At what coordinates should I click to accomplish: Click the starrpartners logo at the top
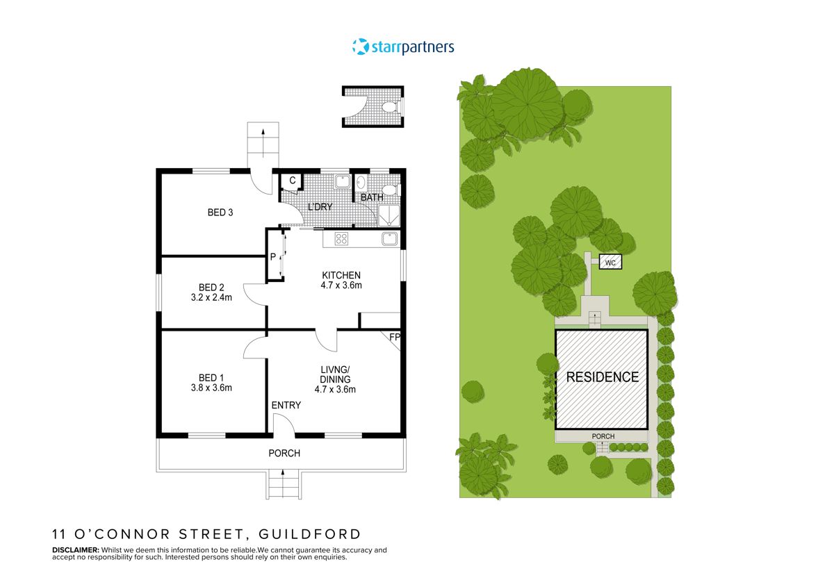(x=403, y=47)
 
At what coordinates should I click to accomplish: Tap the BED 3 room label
(x=220, y=213)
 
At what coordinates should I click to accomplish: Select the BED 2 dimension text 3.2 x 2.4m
(x=211, y=297)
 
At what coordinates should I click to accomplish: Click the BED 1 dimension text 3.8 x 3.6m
(x=211, y=388)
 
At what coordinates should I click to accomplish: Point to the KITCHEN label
(x=341, y=275)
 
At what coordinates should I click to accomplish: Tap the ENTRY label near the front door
(x=286, y=405)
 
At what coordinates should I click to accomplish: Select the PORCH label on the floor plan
(x=284, y=453)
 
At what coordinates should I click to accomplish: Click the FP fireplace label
(x=394, y=338)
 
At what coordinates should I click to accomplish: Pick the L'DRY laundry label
(x=320, y=208)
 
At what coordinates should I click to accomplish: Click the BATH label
(x=372, y=197)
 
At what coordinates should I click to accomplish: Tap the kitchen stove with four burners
(x=342, y=239)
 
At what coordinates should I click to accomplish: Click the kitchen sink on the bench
(x=389, y=240)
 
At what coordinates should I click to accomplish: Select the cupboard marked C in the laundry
(x=293, y=181)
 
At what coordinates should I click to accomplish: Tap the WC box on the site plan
(x=610, y=263)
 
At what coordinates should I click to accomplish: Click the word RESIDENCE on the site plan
(x=602, y=377)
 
